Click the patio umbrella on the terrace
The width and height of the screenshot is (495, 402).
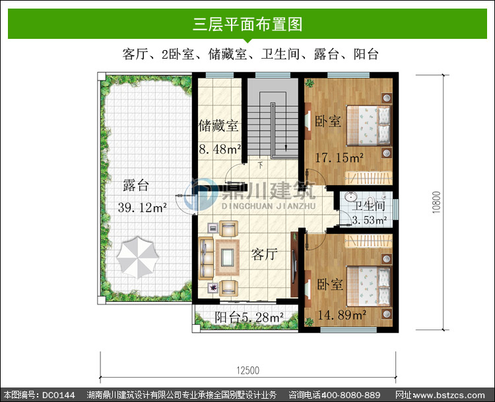[137, 257]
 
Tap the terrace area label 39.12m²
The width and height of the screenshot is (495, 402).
[143, 208]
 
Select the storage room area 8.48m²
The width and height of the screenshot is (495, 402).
[220, 149]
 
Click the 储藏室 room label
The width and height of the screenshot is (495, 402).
[218, 126]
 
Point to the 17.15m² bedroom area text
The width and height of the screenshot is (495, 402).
[339, 158]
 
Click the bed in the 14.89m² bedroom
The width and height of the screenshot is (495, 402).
[368, 286]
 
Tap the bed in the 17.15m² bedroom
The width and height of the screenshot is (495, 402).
[368, 125]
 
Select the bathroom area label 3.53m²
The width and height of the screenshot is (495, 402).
[370, 220]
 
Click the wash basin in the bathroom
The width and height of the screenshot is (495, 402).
[350, 197]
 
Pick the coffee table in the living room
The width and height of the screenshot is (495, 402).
[227, 257]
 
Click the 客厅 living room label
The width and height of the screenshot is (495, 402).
[264, 254]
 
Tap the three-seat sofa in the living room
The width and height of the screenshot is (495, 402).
[205, 258]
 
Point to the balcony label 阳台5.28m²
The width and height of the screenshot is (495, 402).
[249, 318]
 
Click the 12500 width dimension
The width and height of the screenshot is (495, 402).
[247, 370]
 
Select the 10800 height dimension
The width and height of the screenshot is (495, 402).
[436, 202]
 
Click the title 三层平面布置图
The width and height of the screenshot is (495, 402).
[247, 24]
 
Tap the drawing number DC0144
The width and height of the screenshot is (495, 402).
[58, 395]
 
